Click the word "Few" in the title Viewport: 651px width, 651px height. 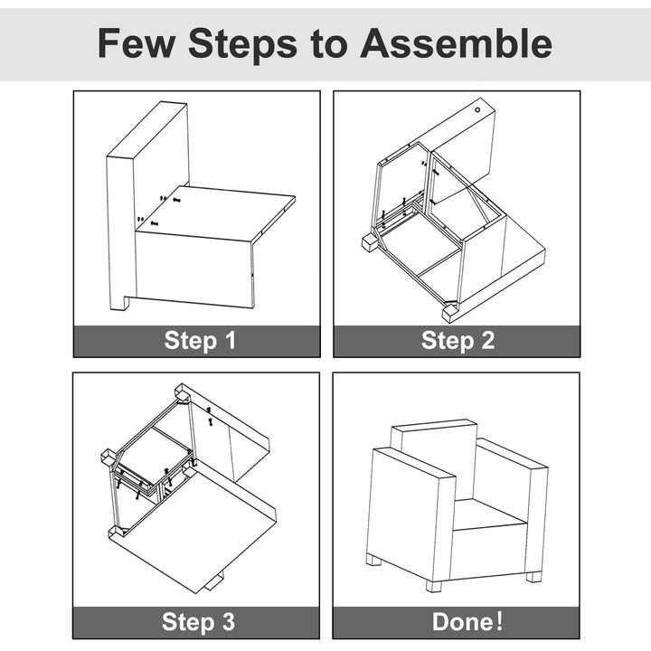pyautogui.click(x=136, y=43)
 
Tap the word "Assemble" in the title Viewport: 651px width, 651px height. pyautogui.click(x=457, y=43)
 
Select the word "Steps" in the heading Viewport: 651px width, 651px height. pyautogui.click(x=242, y=44)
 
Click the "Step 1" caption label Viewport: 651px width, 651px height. pyautogui.click(x=200, y=341)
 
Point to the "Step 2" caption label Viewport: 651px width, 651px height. pyautogui.click(x=458, y=341)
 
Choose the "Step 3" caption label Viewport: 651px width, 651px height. pyautogui.click(x=198, y=622)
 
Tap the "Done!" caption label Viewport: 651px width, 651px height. pyautogui.click(x=467, y=621)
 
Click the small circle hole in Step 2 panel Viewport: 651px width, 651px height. pyautogui.click(x=477, y=109)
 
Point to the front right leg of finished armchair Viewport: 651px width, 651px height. pyautogui.click(x=434, y=586)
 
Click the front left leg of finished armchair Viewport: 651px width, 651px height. pyautogui.click(x=374, y=561)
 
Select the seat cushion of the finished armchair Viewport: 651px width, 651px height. pyautogui.click(x=489, y=514)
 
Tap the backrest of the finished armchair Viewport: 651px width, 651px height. pyautogui.click(x=435, y=453)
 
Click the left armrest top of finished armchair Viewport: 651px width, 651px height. pyautogui.click(x=414, y=462)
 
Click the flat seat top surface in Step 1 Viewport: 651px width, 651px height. pyautogui.click(x=216, y=212)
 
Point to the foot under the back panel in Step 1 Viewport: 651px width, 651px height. pyautogui.click(x=118, y=302)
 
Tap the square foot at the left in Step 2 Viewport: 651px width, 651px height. pyautogui.click(x=370, y=243)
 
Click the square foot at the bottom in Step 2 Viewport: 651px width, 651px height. pyautogui.click(x=449, y=314)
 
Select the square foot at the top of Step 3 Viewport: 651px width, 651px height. pyautogui.click(x=183, y=393)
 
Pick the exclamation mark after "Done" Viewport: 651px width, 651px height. pyautogui.click(x=499, y=621)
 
